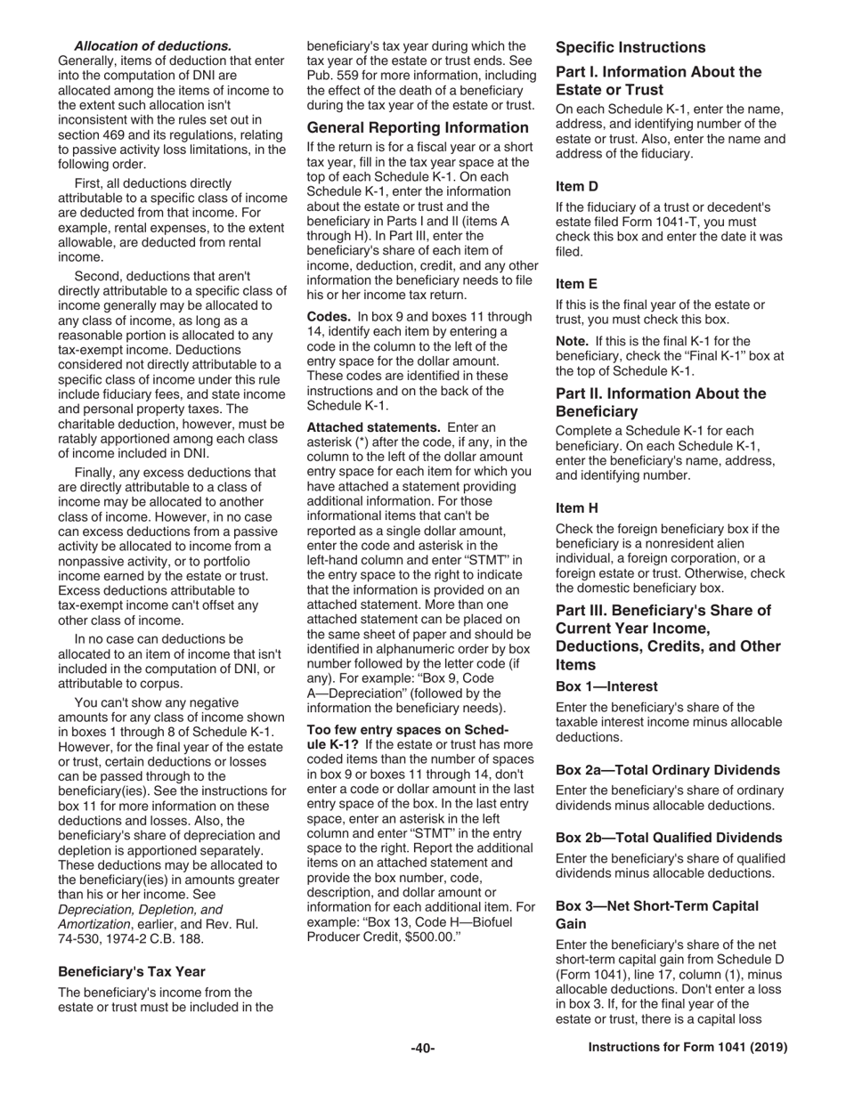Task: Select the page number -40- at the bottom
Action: [422, 1048]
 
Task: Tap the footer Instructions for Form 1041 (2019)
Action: [688, 1048]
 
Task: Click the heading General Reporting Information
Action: [418, 127]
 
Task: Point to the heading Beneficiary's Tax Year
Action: [131, 971]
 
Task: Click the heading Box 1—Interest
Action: [606, 686]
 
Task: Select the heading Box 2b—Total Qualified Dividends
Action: [669, 838]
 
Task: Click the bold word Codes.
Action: [328, 316]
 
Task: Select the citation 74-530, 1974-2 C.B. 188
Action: [131, 938]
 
